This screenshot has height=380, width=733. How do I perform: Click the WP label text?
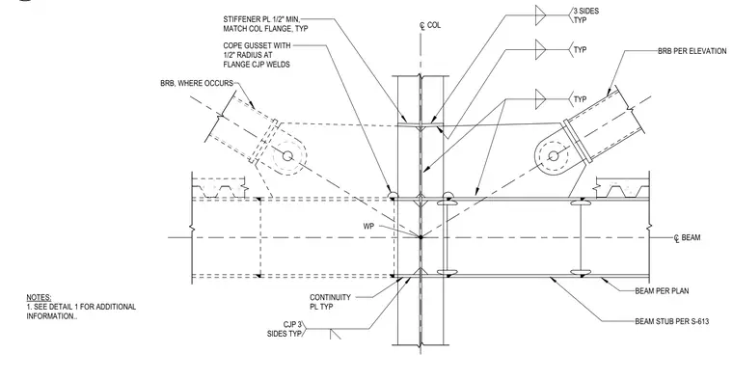click(368, 227)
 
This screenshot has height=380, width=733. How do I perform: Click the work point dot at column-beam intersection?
click(421, 237)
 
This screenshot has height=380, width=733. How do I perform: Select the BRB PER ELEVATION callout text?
click(692, 51)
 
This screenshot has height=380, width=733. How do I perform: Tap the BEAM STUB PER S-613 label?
click(672, 321)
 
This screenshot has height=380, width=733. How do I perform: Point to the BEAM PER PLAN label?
click(662, 291)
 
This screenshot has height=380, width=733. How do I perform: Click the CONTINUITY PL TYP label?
click(330, 302)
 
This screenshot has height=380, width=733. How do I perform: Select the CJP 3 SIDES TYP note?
click(285, 329)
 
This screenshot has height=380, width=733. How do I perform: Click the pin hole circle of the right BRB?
click(554, 155)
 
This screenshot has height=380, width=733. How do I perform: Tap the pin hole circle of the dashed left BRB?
click(288, 155)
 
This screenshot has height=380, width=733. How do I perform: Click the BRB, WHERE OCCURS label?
click(197, 83)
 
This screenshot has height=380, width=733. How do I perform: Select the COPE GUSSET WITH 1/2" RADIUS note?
click(257, 55)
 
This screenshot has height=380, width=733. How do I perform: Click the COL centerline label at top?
click(430, 26)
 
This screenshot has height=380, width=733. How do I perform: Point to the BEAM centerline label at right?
click(687, 238)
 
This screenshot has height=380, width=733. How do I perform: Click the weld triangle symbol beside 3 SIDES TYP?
click(540, 15)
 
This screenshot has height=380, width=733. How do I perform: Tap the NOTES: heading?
click(39, 298)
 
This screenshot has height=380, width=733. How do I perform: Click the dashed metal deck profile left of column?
click(219, 187)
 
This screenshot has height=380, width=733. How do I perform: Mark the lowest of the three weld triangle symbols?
click(540, 99)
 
